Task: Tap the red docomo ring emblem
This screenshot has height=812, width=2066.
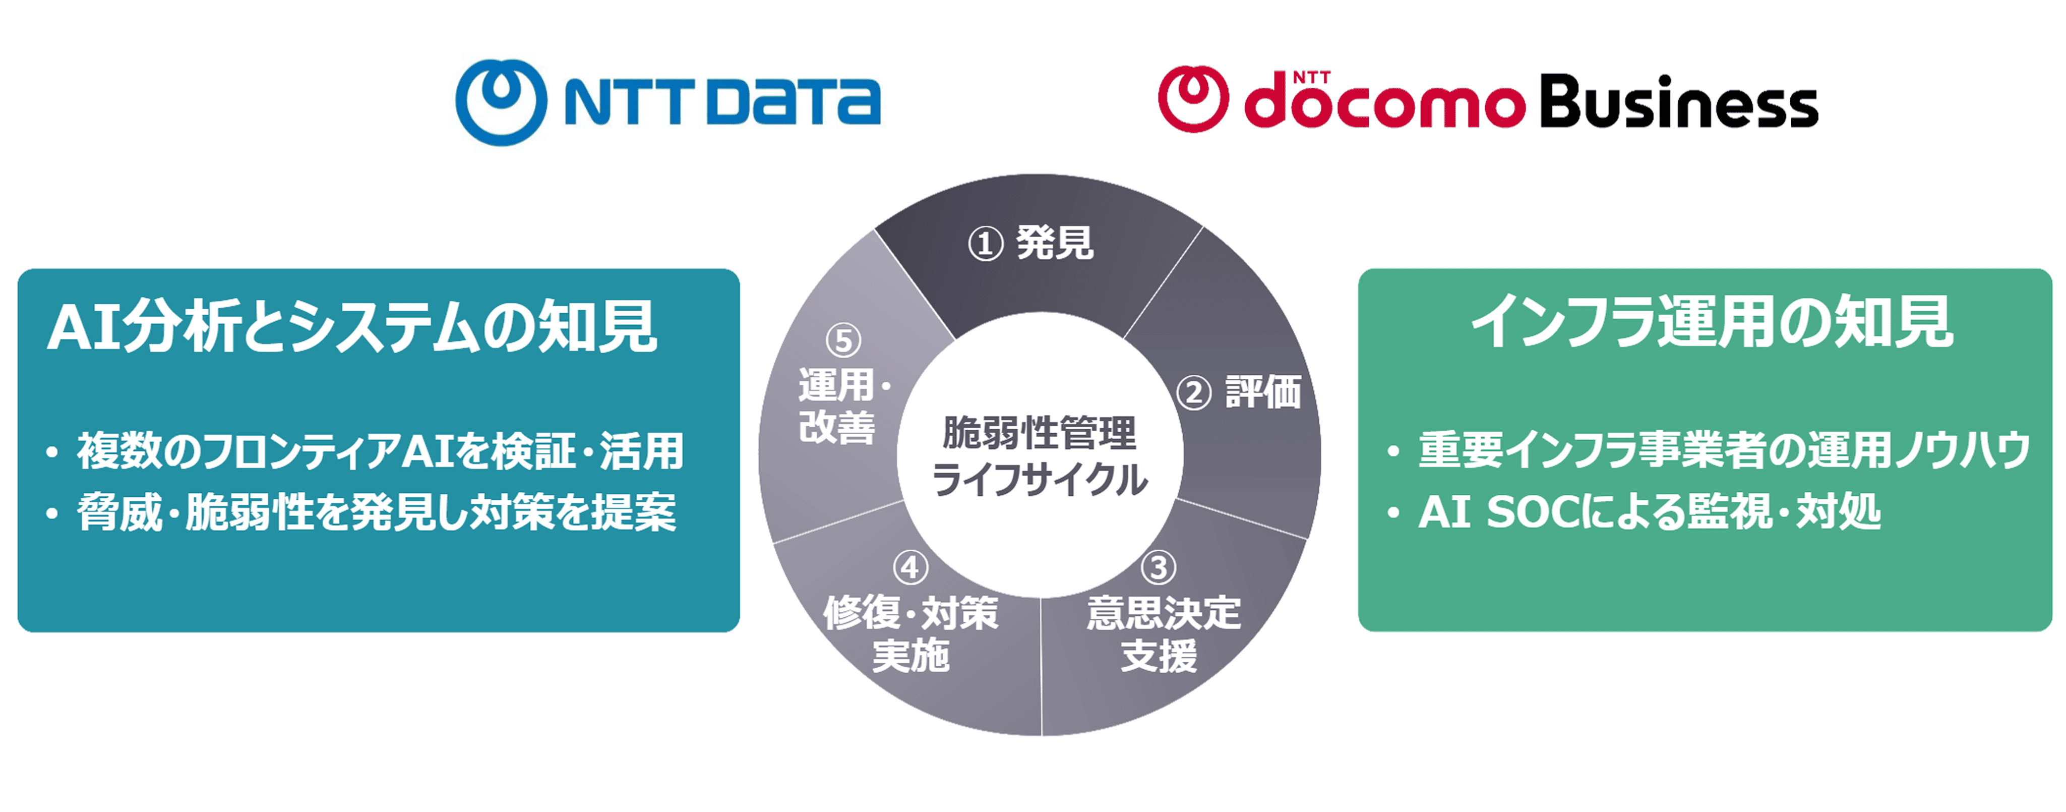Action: click(1193, 99)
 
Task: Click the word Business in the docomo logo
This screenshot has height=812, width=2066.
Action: click(1679, 102)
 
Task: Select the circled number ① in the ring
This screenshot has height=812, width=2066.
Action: click(986, 243)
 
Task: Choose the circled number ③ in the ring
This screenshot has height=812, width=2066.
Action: click(1159, 568)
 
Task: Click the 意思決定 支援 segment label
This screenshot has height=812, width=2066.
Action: click(1163, 634)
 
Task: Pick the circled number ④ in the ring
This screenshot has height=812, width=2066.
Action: click(910, 568)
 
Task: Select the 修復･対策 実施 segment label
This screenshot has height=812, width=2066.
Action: click(911, 634)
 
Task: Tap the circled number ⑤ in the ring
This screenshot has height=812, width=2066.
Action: click(843, 340)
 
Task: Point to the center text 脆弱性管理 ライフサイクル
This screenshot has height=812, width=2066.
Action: click(1040, 456)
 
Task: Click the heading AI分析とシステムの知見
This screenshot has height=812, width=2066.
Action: click(352, 326)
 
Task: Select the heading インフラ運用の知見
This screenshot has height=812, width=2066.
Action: click(1712, 322)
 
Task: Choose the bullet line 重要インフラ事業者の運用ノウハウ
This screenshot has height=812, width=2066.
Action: click(1724, 449)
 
